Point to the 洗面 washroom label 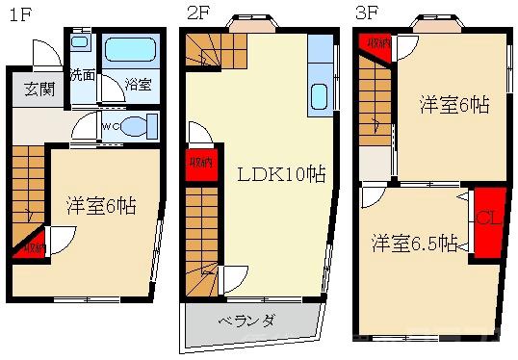[81, 75]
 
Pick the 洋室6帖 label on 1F [100, 205]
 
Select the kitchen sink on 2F [320, 97]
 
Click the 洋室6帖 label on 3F [451, 106]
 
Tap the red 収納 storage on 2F [198, 163]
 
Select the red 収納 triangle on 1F [31, 247]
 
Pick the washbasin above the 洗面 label [81, 43]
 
